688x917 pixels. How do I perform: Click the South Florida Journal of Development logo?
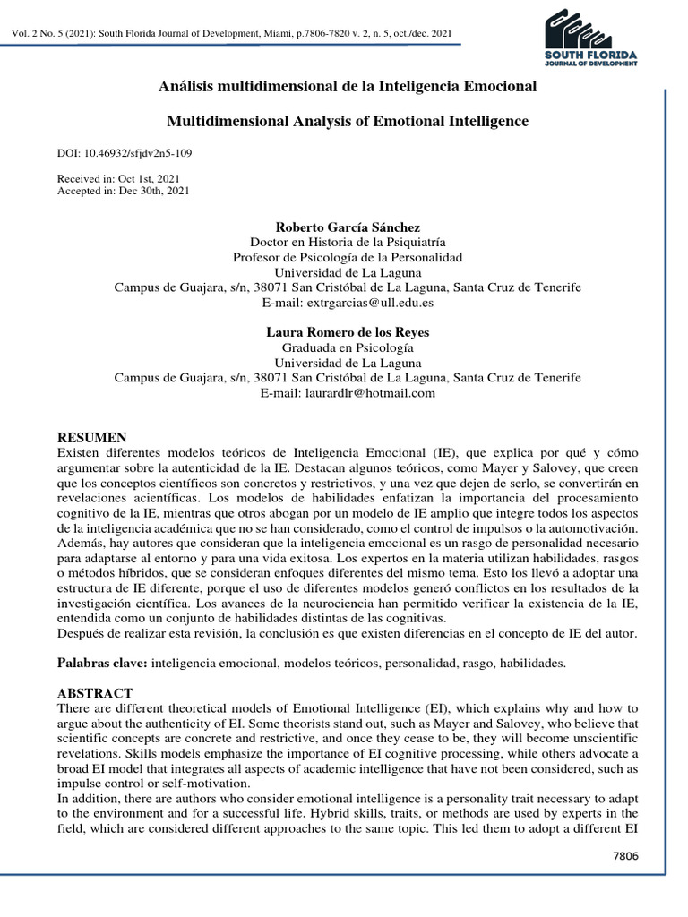click(590, 39)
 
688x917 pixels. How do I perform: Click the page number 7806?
click(625, 857)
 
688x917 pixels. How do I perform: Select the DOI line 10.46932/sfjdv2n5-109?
click(124, 153)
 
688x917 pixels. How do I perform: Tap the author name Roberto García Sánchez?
click(348, 227)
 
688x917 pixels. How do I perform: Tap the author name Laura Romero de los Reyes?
click(348, 332)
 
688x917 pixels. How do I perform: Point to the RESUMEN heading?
click(92, 438)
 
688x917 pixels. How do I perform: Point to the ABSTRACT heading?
click(95, 693)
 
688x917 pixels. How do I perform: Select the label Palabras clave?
click(102, 663)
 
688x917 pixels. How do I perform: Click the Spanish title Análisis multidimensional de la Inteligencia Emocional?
click(348, 87)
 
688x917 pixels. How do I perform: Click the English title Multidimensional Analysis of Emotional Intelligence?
click(348, 120)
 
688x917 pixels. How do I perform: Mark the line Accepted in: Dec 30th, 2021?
click(123, 191)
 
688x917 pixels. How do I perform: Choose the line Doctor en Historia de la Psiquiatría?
click(348, 243)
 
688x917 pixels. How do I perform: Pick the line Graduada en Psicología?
click(348, 347)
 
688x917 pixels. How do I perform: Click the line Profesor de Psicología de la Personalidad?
click(348, 258)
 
